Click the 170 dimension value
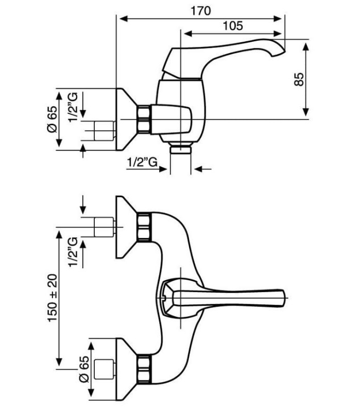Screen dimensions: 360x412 click(x=200, y=11)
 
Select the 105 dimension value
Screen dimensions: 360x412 click(x=233, y=26)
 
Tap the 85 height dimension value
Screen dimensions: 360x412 click(x=299, y=79)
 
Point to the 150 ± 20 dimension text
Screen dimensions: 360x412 click(x=53, y=298)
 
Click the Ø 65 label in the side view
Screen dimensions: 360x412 click(x=52, y=119)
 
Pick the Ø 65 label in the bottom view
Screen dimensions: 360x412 click(x=84, y=369)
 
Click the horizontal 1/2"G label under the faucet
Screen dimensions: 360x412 click(x=142, y=162)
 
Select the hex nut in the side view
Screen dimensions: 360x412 click(x=144, y=118)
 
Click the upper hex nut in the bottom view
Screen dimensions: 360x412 click(x=144, y=227)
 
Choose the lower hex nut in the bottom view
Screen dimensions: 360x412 click(x=144, y=369)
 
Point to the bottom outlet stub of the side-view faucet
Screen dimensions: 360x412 click(x=181, y=149)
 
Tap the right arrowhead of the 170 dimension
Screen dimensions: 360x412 click(x=278, y=19)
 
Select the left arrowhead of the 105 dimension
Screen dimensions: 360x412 click(x=186, y=33)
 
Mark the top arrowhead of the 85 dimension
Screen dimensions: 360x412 click(x=305, y=47)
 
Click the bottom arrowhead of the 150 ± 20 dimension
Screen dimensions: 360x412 click(x=59, y=362)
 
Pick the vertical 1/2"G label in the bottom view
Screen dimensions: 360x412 click(x=73, y=252)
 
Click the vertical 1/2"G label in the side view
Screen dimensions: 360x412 click(x=73, y=107)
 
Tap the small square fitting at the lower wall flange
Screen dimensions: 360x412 click(x=105, y=369)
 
